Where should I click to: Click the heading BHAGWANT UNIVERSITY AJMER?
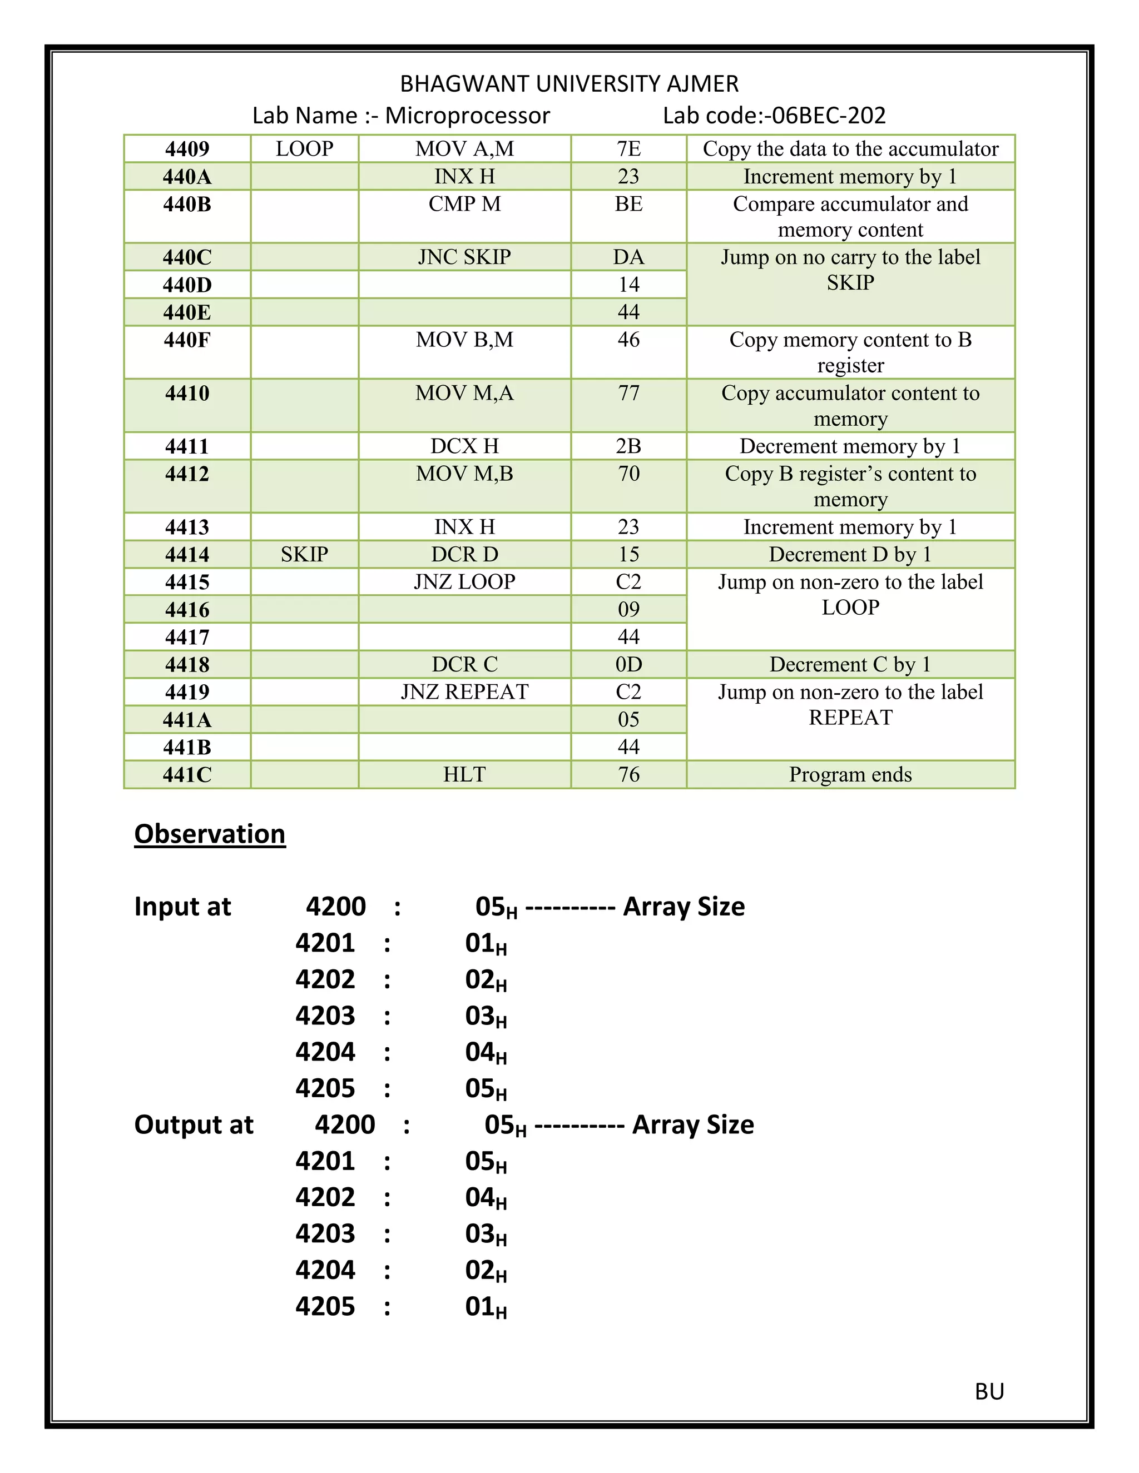(569, 83)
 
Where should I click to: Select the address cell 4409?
(187, 148)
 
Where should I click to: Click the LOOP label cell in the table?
(304, 148)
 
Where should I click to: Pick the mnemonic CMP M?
(464, 203)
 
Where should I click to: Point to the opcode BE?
(628, 203)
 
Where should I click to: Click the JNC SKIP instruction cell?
(464, 257)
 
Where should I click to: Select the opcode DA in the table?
(628, 257)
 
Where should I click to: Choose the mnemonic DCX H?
(464, 446)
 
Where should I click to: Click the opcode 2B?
(628, 446)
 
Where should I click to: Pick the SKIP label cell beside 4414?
(304, 554)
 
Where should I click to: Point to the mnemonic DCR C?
(464, 664)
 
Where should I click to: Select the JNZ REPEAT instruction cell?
(464, 692)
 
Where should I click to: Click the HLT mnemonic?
(464, 774)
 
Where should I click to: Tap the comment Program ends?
(850, 774)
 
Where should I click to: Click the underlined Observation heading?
(210, 834)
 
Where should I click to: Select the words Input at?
(182, 907)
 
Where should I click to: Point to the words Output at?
(194, 1124)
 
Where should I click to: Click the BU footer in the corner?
(989, 1391)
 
